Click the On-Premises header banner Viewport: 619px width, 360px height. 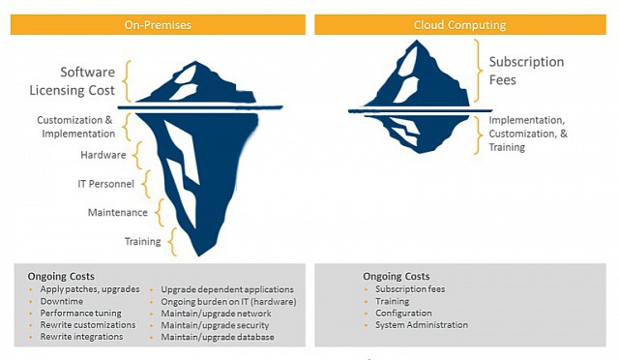coord(159,24)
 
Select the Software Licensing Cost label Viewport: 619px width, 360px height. coord(88,81)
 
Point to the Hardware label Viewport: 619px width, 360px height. coord(103,155)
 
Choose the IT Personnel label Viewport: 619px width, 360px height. coord(106,184)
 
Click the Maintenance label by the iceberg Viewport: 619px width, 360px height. coord(114,213)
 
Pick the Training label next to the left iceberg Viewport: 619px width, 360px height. coord(143,242)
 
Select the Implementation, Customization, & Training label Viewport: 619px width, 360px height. coord(527,134)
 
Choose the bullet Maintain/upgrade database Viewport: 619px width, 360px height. coord(218,338)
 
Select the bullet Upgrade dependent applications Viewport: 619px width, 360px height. coord(227,289)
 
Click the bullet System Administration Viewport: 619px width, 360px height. coord(422,325)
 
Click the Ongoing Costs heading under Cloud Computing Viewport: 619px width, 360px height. coord(397,277)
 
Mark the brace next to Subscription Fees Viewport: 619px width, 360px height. coord(476,71)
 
